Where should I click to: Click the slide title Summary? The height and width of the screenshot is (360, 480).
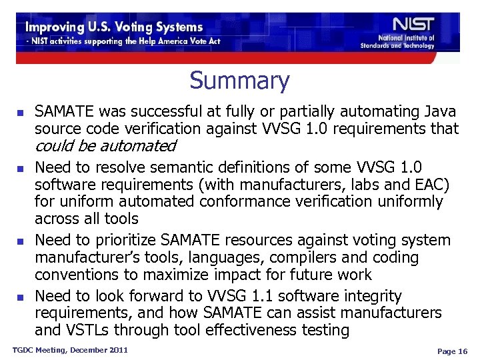tap(239, 81)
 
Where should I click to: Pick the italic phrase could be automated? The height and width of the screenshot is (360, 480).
tap(105, 145)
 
